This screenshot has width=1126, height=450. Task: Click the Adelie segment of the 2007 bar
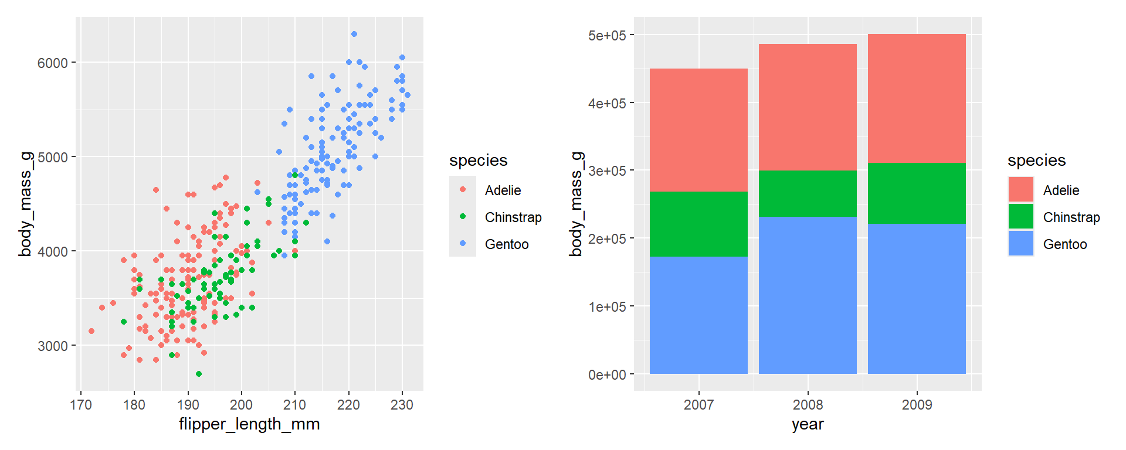pos(698,130)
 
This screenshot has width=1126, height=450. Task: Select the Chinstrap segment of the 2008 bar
pos(808,194)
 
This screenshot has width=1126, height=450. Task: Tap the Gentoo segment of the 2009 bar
pos(917,298)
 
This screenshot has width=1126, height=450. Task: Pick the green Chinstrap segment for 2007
pos(698,224)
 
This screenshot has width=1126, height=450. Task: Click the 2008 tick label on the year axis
pos(808,405)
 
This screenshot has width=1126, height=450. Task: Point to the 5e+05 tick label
pos(607,36)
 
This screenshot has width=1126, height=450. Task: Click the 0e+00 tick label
pos(607,375)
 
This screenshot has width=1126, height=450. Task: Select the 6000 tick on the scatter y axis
pos(53,63)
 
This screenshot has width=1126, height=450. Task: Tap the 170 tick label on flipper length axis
pos(81,405)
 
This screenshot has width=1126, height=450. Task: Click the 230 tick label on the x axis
pos(402,405)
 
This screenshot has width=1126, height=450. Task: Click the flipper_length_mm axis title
pos(249,424)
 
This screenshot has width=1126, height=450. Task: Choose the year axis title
pos(808,424)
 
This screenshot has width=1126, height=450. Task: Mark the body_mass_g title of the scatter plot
pos(25,204)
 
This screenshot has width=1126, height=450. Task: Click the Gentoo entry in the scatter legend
pos(507,244)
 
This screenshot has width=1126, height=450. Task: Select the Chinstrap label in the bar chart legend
pos(1071,217)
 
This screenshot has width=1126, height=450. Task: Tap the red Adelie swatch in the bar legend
pos(1021,190)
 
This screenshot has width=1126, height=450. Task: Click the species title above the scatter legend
pos(478,161)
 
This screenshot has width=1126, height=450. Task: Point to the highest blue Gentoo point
pos(354,34)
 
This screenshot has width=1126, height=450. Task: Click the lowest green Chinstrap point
pos(199,374)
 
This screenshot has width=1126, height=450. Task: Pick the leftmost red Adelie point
pos(91,331)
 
